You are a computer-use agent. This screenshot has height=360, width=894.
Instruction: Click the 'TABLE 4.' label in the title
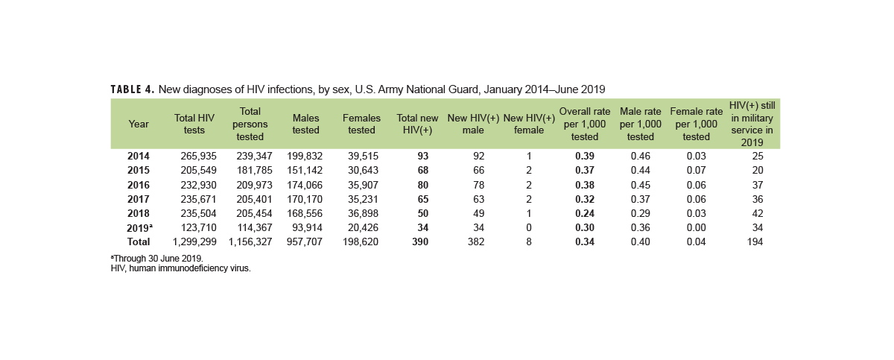pyautogui.click(x=132, y=89)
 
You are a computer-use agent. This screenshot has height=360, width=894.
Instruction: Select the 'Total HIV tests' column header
pyautogui.click(x=194, y=124)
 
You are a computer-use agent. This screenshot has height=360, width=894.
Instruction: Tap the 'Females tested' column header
pyautogui.click(x=361, y=124)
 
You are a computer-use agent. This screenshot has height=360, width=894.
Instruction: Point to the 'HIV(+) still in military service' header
pyautogui.click(x=752, y=124)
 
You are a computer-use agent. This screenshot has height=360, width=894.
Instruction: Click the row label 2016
pyautogui.click(x=138, y=185)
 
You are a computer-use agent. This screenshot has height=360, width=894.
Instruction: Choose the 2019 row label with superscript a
pyautogui.click(x=139, y=227)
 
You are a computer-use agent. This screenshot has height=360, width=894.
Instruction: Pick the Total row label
pyautogui.click(x=138, y=241)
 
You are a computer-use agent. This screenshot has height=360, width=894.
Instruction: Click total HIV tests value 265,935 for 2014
pyautogui.click(x=200, y=157)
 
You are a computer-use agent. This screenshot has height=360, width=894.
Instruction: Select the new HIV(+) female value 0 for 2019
pyautogui.click(x=528, y=227)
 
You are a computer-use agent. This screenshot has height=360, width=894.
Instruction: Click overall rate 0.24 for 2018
pyautogui.click(x=585, y=213)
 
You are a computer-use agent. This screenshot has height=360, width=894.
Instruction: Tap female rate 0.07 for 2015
pyautogui.click(x=696, y=171)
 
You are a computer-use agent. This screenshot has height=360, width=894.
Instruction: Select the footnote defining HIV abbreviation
pyautogui.click(x=180, y=268)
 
